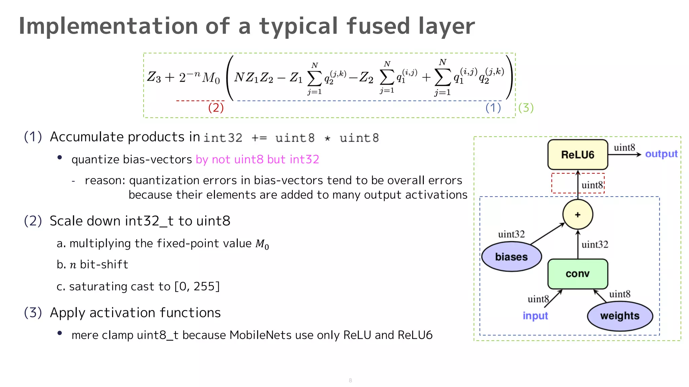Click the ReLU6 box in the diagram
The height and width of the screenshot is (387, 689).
[x=578, y=155]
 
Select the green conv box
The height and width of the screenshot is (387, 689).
[x=578, y=274]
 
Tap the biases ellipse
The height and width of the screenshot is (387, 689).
[x=511, y=257]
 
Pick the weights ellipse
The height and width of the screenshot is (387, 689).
[x=620, y=316]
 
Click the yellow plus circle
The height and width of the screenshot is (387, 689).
[x=578, y=215]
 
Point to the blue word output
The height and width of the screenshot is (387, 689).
[x=661, y=154]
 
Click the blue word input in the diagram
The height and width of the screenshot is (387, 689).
[x=535, y=316]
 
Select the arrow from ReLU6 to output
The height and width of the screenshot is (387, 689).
[x=624, y=155]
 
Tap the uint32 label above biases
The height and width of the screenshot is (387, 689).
[x=511, y=234]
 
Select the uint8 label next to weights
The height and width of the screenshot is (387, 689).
[x=620, y=294]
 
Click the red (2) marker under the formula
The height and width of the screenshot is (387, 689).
[x=216, y=108]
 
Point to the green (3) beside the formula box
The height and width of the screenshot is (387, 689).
[x=526, y=108]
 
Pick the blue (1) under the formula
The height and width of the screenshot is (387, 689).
[x=493, y=108]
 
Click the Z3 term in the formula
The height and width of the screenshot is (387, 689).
[x=154, y=77]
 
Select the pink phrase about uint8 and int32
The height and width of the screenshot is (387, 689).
[x=257, y=159]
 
